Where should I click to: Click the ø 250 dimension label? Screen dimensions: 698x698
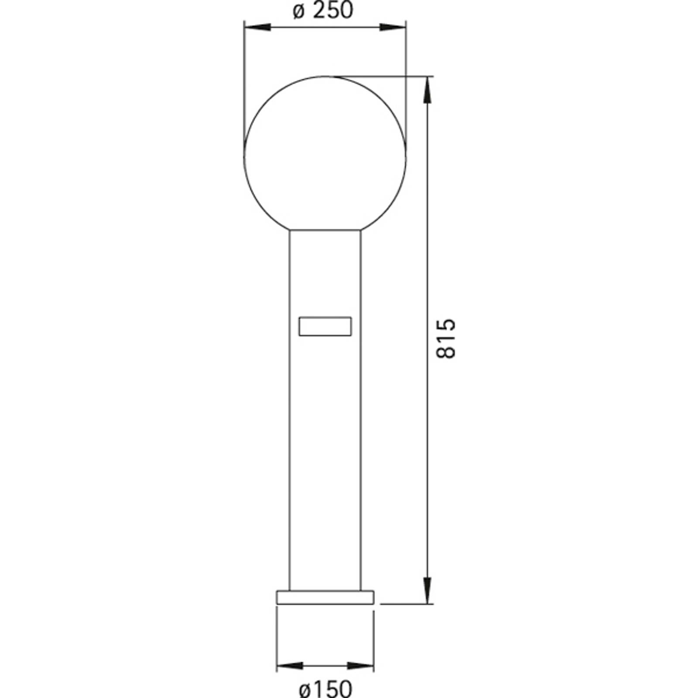pyautogui.click(x=323, y=10)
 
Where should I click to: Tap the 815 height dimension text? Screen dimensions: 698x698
pyautogui.click(x=445, y=339)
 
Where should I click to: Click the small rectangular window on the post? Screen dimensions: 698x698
pyautogui.click(x=325, y=326)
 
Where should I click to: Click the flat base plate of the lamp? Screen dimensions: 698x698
pyautogui.click(x=325, y=597)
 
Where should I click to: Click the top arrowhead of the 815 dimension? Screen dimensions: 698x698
pyautogui.click(x=428, y=89)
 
